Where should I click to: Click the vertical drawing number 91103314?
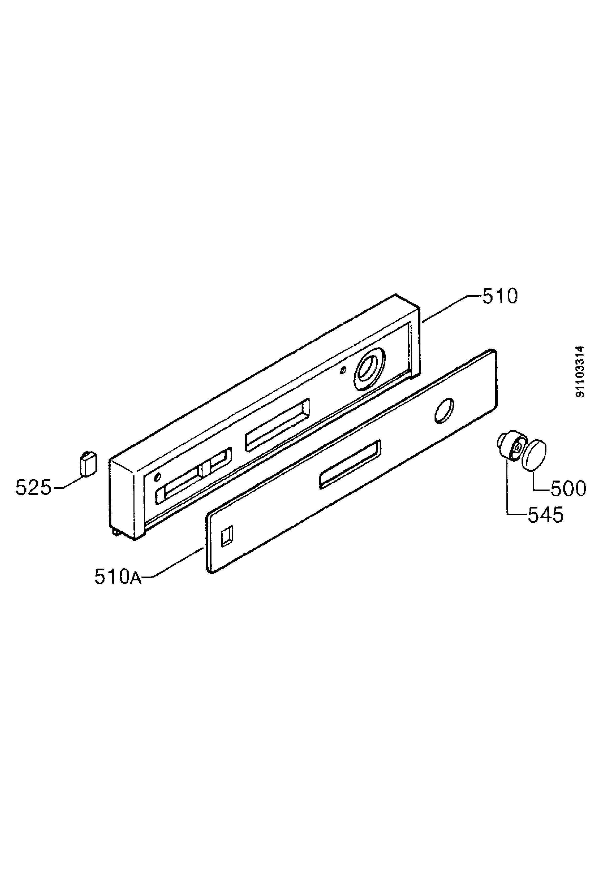pyautogui.click(x=580, y=371)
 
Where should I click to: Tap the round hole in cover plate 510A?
pyautogui.click(x=444, y=410)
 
